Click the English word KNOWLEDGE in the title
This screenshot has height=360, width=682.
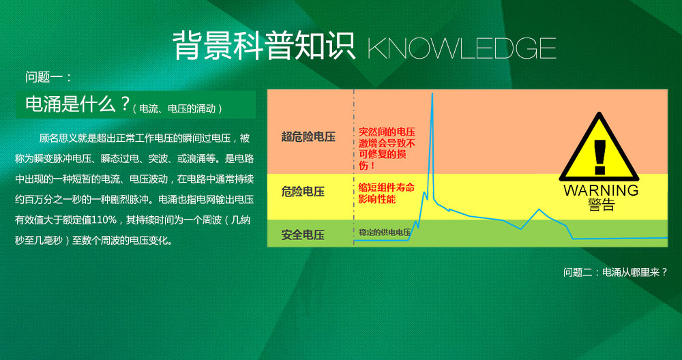[x=462, y=48]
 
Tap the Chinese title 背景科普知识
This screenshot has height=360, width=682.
[x=264, y=45]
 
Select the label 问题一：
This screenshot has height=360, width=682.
[x=48, y=78]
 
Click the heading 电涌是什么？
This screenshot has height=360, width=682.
[x=78, y=104]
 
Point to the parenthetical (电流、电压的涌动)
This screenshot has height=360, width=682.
[x=178, y=108]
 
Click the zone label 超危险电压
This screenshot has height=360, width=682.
[x=308, y=136]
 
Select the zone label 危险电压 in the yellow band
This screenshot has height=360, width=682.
[x=303, y=192]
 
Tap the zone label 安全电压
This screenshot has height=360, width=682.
[x=303, y=235]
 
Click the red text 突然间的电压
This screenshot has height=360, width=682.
[x=387, y=132]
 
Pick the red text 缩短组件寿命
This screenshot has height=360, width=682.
[x=386, y=187]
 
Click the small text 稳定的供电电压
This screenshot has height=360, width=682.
[x=385, y=232]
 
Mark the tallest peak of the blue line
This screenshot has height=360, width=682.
[x=432, y=93]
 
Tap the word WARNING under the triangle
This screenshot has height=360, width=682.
[x=601, y=190]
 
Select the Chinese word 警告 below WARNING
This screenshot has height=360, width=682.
[x=601, y=205]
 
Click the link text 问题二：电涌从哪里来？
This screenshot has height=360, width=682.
[x=615, y=272]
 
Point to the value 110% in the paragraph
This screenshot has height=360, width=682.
[x=104, y=220]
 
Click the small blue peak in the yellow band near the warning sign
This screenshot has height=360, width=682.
[x=539, y=209]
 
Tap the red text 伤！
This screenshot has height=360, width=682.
[x=367, y=166]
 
